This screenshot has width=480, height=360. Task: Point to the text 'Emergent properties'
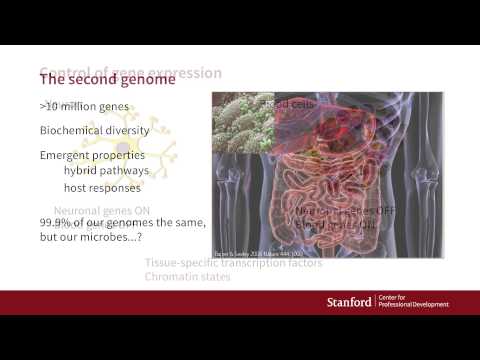[x=93, y=156]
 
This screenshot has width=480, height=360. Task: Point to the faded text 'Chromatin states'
[x=188, y=277]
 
